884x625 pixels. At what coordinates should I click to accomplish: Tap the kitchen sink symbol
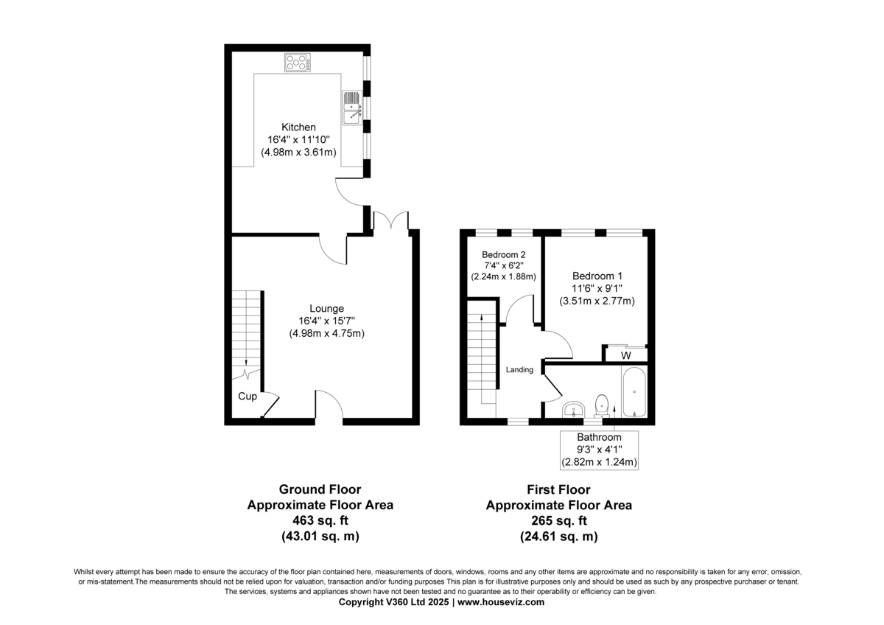352,107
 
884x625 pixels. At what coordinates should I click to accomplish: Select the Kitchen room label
298,128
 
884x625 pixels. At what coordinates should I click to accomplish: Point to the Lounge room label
326,308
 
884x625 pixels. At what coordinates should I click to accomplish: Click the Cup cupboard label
248,397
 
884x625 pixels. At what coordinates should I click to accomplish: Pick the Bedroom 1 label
597,276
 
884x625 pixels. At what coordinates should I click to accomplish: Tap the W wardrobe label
625,355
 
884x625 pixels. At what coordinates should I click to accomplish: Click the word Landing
519,370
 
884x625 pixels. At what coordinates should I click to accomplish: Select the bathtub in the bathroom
634,393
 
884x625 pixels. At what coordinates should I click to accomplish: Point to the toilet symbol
602,404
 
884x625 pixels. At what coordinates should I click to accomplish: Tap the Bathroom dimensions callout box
599,450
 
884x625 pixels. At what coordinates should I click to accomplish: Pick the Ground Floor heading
320,489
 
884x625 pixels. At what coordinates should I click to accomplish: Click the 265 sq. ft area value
558,521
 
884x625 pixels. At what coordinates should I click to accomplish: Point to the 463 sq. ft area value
320,521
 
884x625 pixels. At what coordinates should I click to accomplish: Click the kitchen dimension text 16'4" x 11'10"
298,140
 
